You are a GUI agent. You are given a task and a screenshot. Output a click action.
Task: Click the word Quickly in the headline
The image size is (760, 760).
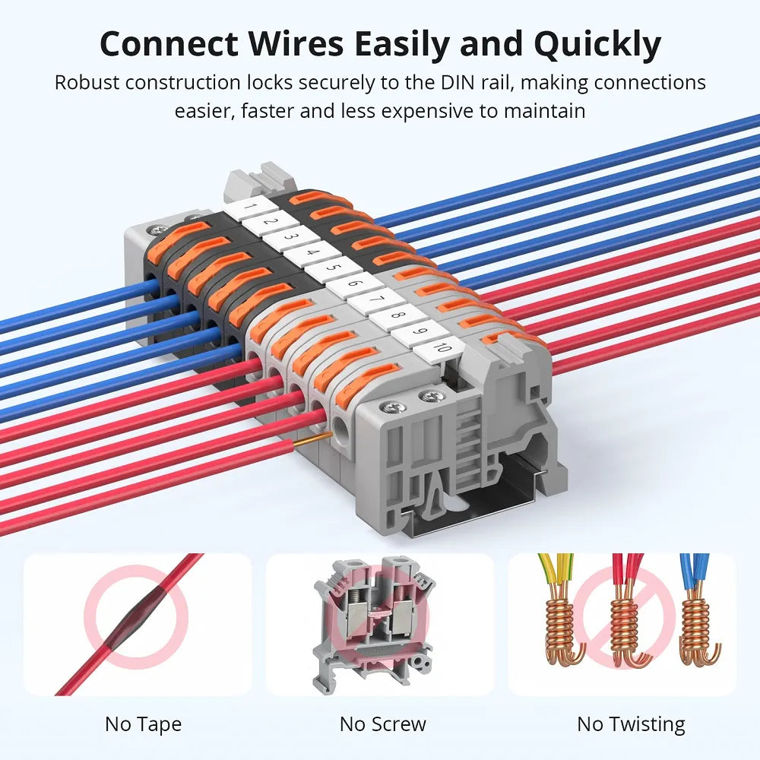597,45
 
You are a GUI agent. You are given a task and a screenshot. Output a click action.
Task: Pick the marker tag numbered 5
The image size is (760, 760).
332,267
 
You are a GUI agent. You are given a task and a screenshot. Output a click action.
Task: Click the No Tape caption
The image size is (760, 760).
143,724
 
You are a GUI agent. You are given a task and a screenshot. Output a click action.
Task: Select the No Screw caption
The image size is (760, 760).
382,724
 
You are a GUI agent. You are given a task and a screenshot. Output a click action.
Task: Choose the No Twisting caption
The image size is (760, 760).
631,724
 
